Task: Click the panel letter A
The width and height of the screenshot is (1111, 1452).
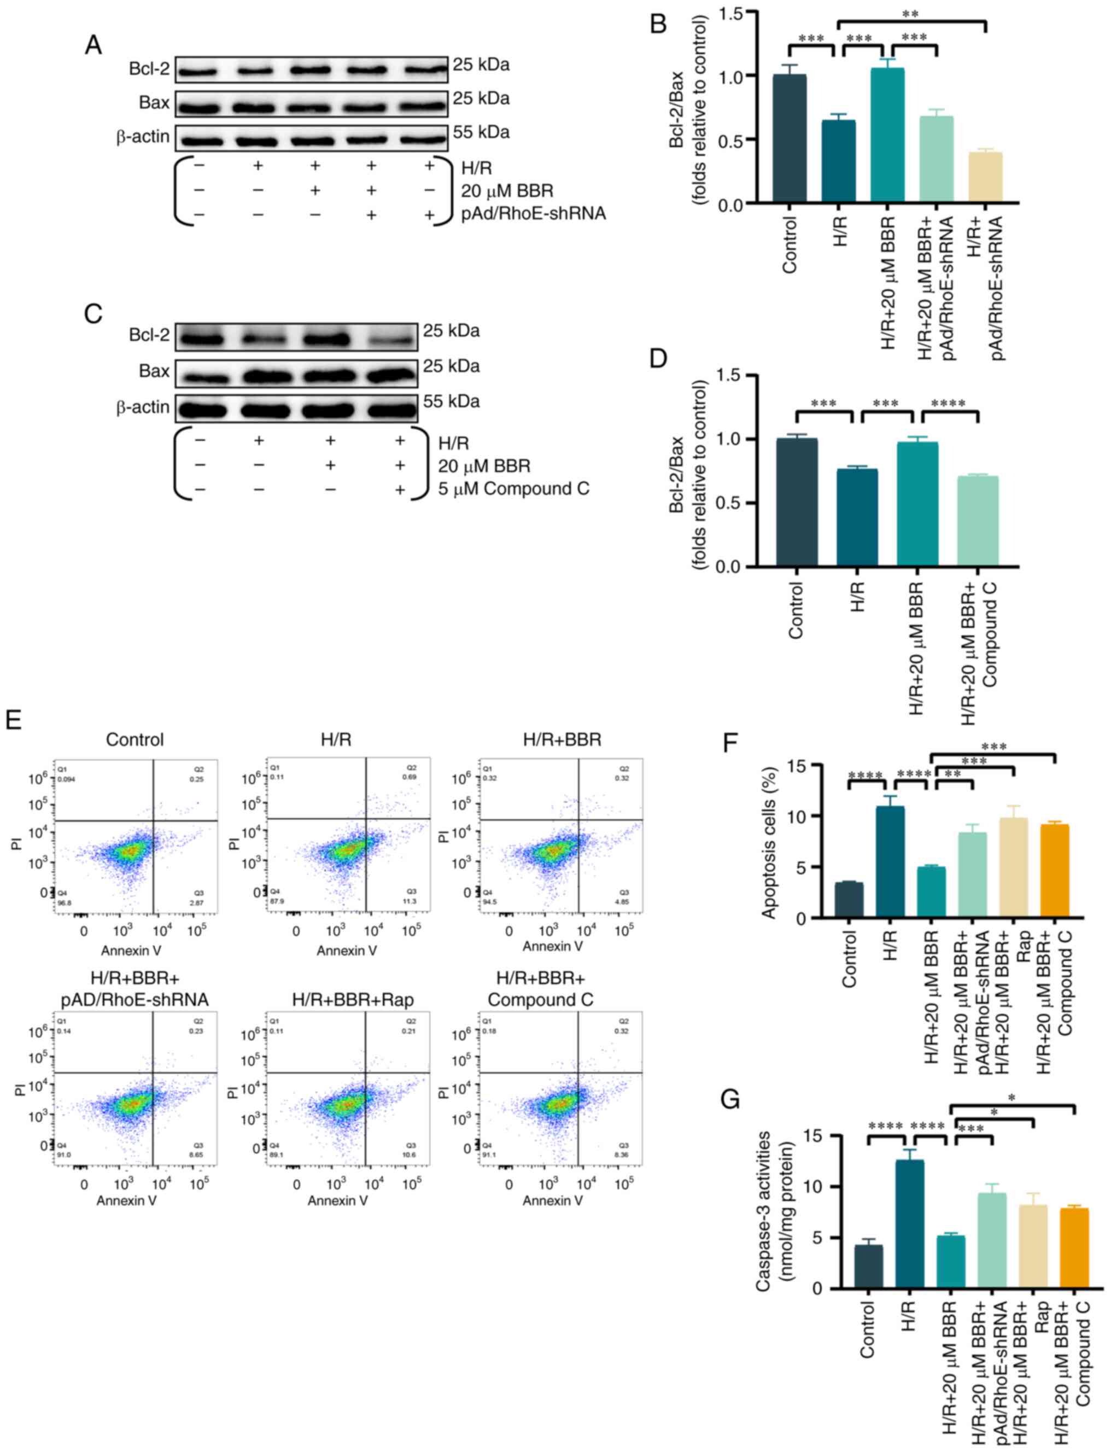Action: tap(93, 45)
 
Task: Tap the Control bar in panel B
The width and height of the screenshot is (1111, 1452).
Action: tap(790, 138)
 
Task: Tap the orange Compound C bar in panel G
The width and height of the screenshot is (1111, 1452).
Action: tap(1073, 1248)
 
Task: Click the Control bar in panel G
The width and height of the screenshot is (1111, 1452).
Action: tap(868, 1266)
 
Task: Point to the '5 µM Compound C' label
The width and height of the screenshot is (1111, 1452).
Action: tap(513, 489)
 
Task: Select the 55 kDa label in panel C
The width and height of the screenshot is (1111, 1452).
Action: tap(451, 401)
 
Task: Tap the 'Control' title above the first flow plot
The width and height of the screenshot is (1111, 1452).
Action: tap(135, 739)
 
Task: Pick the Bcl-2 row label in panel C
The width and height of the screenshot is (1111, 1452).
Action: tap(149, 335)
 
